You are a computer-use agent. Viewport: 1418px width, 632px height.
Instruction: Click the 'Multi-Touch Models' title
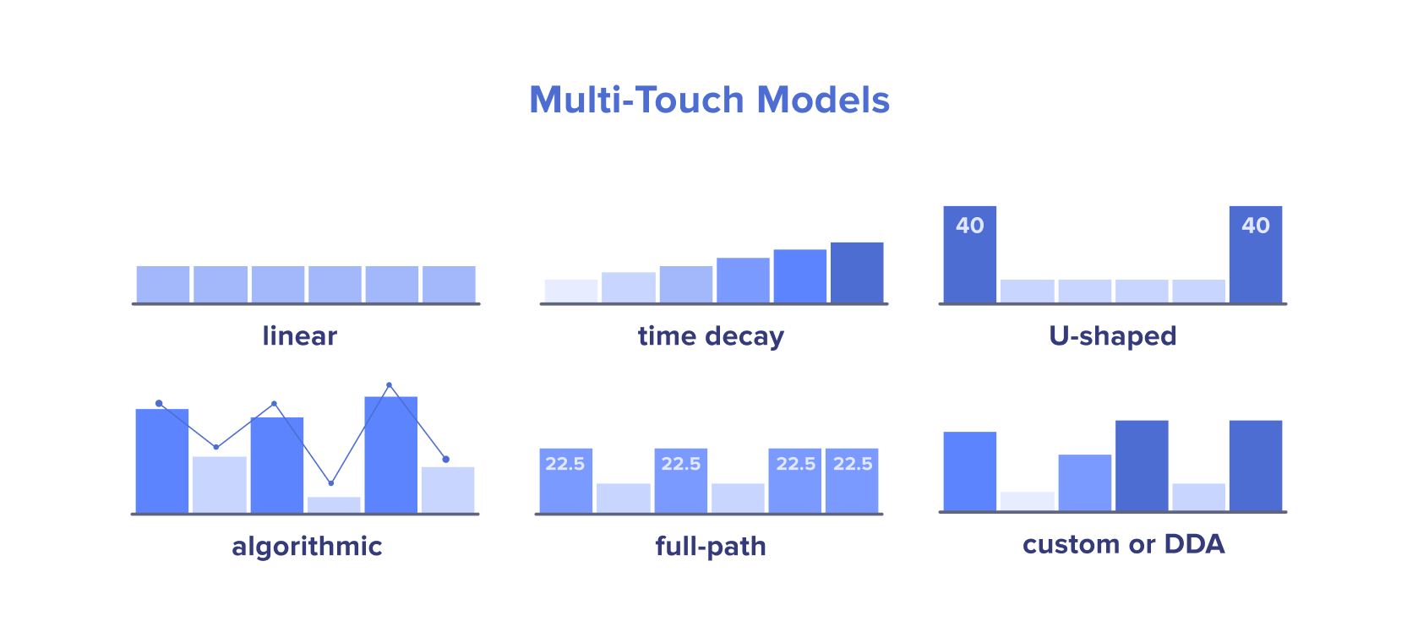(709, 100)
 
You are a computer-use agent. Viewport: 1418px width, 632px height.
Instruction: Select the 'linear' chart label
(299, 335)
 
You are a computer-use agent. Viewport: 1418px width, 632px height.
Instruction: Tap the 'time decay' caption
(711, 336)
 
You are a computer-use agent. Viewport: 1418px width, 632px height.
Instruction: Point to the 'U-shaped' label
(1112, 335)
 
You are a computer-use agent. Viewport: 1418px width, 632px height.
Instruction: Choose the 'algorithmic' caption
(307, 547)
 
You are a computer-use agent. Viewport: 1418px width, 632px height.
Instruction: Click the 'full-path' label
(710, 547)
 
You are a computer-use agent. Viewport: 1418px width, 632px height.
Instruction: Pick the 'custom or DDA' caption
(1124, 544)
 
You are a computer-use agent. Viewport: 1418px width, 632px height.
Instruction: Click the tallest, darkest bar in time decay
(857, 273)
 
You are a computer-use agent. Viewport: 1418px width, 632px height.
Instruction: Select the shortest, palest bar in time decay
(571, 291)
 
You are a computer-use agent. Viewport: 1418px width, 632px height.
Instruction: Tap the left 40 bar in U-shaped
(970, 254)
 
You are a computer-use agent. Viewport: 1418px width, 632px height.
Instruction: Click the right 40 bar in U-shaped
(1256, 254)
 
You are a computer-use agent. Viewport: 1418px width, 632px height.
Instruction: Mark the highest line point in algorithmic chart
(390, 384)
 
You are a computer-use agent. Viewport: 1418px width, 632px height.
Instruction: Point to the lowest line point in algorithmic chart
(331, 483)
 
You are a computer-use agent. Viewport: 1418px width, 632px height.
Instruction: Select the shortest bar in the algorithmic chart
(335, 505)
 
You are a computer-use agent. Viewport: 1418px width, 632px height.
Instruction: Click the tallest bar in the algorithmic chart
(391, 455)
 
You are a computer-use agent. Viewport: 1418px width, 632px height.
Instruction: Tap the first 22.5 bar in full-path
(566, 481)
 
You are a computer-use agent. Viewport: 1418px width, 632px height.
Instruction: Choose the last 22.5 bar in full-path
(852, 481)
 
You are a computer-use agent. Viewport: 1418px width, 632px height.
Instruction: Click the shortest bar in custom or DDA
(1027, 501)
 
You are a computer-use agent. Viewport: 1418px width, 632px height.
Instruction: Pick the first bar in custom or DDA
(970, 471)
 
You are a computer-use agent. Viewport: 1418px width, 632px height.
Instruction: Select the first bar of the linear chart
(163, 285)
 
